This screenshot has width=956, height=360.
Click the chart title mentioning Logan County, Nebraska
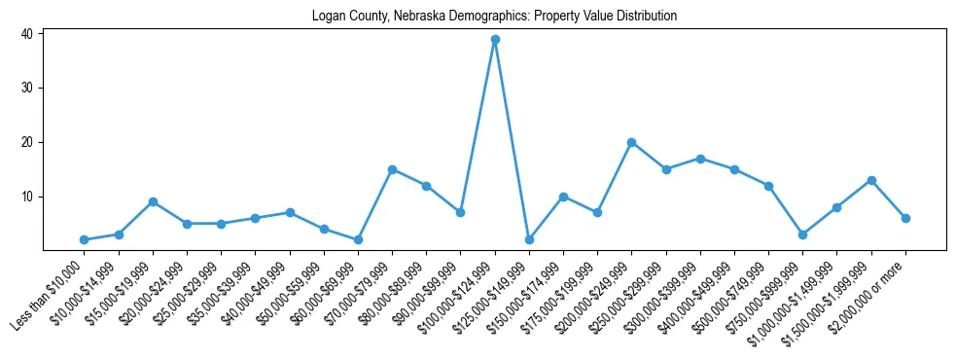pos(494,16)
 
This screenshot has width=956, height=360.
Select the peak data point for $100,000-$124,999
pos(495,39)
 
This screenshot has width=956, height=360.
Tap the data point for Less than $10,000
pos(84,239)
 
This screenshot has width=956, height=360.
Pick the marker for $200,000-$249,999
pos(632,142)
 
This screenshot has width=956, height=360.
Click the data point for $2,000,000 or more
pos(905,218)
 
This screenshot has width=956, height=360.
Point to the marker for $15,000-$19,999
pos(153,201)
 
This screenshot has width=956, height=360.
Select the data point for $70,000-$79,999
pos(392,169)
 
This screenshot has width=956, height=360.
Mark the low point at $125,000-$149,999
pos(529,239)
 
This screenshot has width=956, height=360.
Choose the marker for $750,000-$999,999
pos(803,234)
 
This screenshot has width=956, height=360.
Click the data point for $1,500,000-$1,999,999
pos(871,180)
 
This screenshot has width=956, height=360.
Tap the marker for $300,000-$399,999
pos(700,159)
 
